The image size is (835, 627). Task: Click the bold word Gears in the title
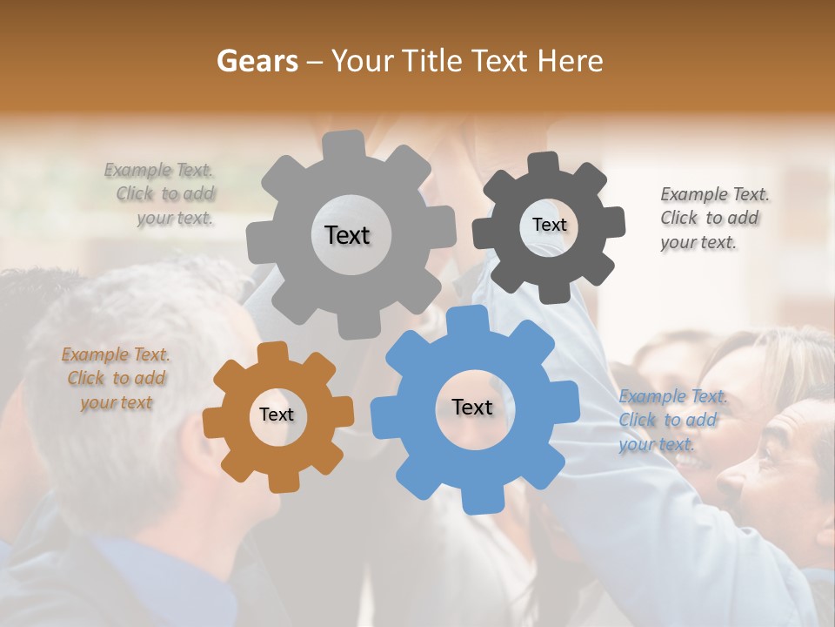[x=256, y=61]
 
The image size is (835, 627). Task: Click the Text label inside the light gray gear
[x=347, y=235]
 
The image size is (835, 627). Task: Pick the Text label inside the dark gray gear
[x=549, y=225]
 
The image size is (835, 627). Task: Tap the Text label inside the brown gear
[x=277, y=415]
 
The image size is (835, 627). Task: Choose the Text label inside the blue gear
[x=472, y=407]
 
